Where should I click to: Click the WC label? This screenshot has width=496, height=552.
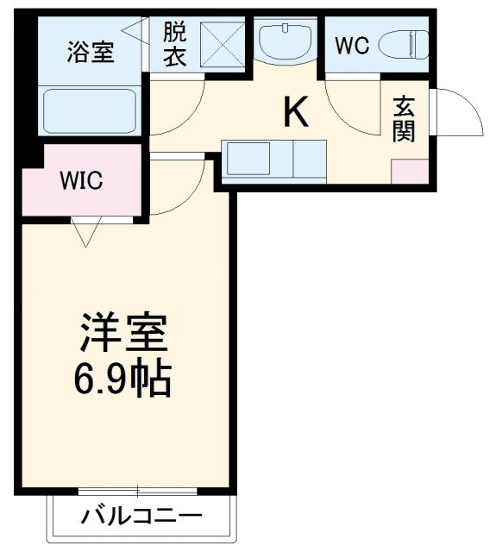[352, 46]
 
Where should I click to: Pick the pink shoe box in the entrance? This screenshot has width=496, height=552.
[409, 170]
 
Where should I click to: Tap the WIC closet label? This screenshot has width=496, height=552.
[81, 181]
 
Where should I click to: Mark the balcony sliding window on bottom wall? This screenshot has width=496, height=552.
[138, 491]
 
